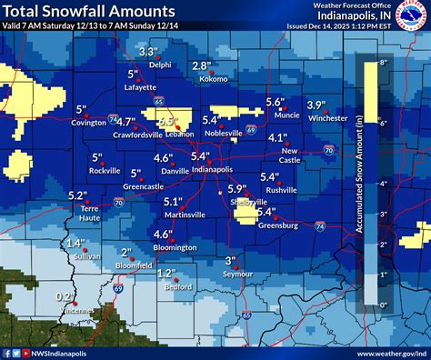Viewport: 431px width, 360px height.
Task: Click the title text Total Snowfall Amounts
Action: (89, 12)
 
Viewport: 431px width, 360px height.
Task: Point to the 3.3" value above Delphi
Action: (149, 52)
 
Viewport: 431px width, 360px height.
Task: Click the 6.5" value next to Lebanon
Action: (165, 121)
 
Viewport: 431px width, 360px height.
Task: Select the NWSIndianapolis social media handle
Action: (54, 353)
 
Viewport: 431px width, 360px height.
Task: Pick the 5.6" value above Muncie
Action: (276, 102)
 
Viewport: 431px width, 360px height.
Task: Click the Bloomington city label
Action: (175, 246)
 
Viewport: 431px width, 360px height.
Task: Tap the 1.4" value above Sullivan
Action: (75, 244)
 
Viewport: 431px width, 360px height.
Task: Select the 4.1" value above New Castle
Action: (278, 137)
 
